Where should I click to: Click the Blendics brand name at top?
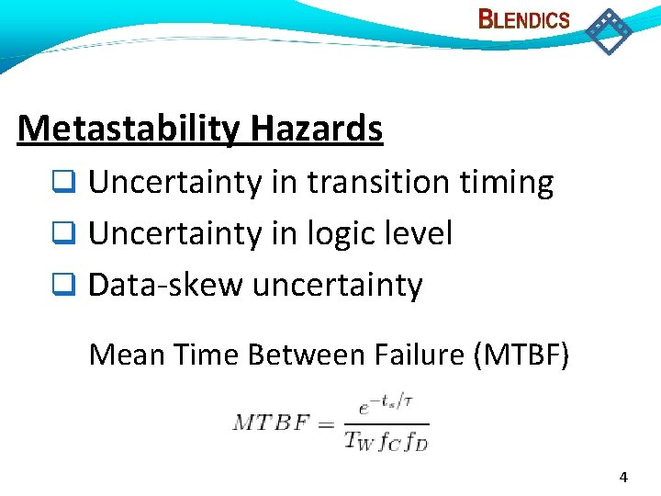click(524, 19)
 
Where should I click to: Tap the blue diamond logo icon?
click(609, 31)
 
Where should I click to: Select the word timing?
click(508, 183)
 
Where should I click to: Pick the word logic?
click(344, 234)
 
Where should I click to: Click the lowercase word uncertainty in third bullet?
click(337, 286)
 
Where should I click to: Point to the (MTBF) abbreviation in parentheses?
click(521, 354)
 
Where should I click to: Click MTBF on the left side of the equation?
click(270, 423)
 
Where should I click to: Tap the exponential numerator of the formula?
click(386, 404)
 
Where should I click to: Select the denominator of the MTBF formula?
click(386, 440)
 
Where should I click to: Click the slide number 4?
click(623, 477)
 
